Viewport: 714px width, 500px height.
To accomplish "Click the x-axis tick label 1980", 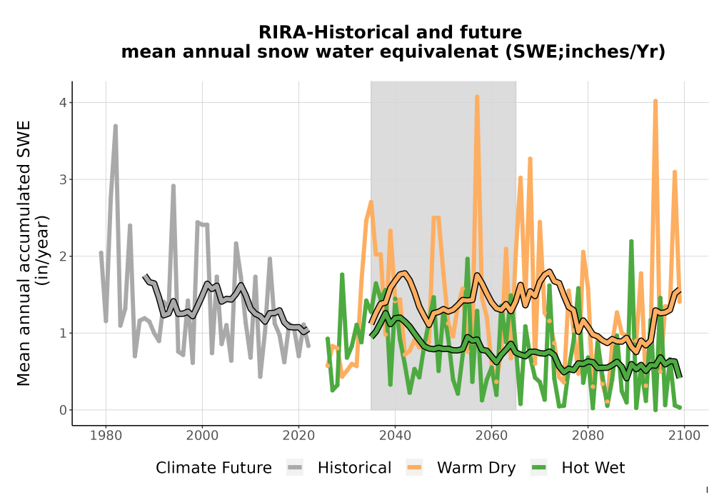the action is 106,436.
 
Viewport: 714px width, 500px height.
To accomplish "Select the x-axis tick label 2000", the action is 202,436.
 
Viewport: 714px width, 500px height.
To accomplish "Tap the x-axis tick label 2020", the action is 298,436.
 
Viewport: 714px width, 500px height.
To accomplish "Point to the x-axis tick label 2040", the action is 395,436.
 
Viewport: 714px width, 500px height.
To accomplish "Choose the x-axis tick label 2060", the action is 491,436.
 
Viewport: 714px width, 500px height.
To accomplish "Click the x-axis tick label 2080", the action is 588,436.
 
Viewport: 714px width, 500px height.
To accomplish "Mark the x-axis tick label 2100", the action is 684,436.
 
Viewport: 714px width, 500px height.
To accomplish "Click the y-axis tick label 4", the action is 63,102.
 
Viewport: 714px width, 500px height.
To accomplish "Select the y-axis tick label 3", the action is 63,179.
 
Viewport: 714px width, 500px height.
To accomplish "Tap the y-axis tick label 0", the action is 63,410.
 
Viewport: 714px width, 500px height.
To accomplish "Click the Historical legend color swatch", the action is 295,468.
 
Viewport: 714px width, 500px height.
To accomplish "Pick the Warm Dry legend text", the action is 476,468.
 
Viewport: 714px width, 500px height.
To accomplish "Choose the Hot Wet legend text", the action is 593,468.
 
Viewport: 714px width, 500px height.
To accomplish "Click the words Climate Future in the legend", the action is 213,468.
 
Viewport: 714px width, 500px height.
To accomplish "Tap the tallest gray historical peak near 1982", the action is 116,126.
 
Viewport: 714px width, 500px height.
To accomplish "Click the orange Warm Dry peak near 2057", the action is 477,97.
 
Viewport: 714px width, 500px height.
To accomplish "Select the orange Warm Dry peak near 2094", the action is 655,101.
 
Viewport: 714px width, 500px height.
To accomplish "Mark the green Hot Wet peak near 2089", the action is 631,242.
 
